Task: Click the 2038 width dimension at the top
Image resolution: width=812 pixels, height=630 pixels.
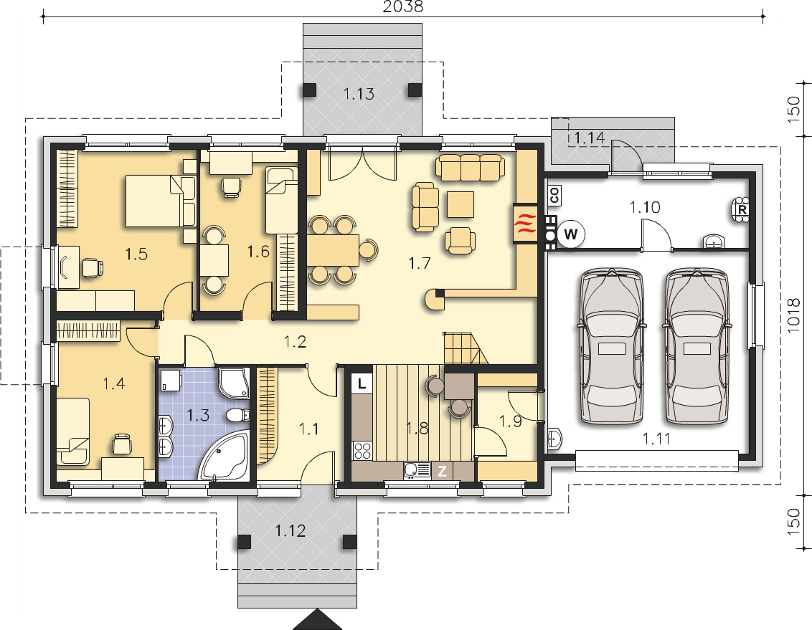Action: (403, 6)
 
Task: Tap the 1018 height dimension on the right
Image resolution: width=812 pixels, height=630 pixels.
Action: (793, 315)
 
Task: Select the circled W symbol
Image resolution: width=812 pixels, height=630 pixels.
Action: (571, 234)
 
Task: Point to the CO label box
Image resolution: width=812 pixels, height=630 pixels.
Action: (554, 196)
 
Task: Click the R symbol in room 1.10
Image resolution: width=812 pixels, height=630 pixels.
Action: (742, 210)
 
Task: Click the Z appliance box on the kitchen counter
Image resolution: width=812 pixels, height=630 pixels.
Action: (443, 471)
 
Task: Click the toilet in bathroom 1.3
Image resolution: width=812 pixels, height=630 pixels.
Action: (237, 415)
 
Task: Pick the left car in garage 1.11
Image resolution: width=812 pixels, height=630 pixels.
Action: (613, 345)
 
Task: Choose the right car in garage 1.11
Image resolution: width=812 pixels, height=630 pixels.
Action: (697, 345)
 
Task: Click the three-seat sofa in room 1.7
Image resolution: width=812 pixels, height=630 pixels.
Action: (471, 168)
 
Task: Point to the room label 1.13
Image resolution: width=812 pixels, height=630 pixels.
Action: (359, 94)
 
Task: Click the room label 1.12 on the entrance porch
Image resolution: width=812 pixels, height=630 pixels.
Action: (290, 530)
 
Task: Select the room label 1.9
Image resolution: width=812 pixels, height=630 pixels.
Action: (511, 421)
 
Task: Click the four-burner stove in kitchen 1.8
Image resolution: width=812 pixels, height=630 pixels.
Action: (362, 450)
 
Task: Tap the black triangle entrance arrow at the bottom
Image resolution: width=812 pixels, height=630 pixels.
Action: (318, 620)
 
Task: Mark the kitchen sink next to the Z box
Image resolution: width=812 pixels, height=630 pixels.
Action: (417, 470)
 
